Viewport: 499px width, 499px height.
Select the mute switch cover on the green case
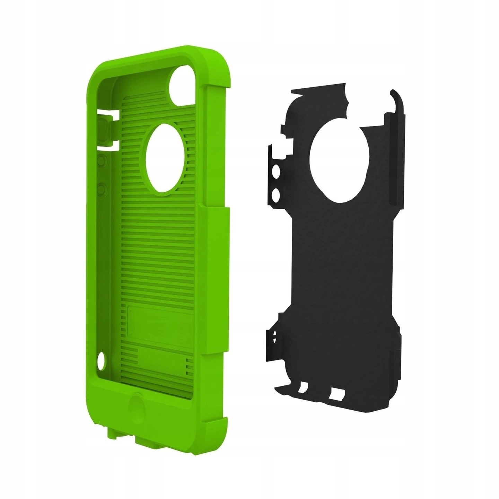[104, 130]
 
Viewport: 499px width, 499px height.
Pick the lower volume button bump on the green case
[102, 189]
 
